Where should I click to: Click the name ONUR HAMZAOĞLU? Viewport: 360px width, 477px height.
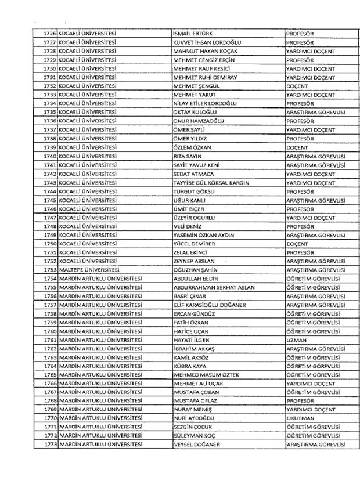tap(199, 121)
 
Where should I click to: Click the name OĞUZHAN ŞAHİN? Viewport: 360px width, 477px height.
tap(197, 269)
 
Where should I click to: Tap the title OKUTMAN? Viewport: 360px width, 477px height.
tap(300, 418)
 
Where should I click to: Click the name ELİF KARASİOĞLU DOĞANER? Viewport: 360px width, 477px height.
tap(211, 305)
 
